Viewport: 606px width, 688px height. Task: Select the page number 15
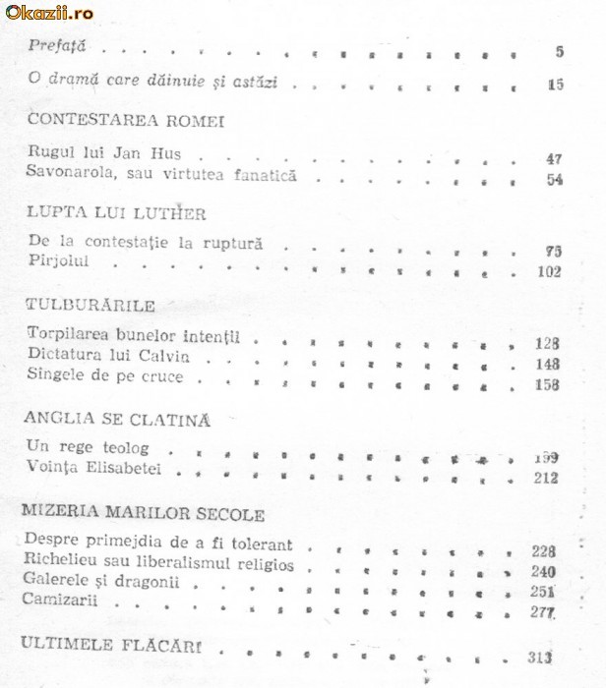pos(556,85)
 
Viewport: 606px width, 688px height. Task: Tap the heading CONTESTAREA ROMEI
pos(127,121)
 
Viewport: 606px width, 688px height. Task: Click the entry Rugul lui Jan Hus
pos(105,154)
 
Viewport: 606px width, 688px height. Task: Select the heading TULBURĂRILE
pos(91,304)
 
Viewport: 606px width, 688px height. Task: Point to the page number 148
pos(548,365)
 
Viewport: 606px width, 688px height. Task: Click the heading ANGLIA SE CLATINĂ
pos(119,420)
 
